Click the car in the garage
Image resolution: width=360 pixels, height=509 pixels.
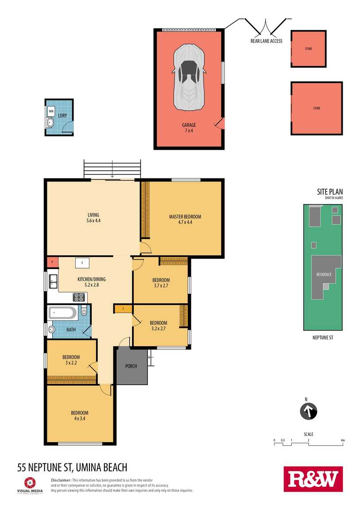pos(189,77)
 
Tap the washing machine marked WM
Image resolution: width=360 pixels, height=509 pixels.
pos(51,111)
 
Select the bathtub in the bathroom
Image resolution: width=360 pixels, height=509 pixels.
pos(62,313)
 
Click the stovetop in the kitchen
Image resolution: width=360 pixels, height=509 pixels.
pos(79,297)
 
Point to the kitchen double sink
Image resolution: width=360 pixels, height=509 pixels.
pos(53,281)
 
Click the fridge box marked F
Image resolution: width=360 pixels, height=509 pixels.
pos(82,262)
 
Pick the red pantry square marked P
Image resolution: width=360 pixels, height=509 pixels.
pos(52,262)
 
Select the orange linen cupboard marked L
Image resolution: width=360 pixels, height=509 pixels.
pos(123,308)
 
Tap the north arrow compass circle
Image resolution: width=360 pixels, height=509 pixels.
pos(308,411)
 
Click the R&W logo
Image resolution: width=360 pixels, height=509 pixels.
pos(313,479)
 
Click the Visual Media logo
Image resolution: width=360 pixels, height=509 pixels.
pos(30,485)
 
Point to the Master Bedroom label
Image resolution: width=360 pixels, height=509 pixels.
pos(185,216)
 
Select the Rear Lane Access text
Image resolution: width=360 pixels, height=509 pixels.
pos(266,41)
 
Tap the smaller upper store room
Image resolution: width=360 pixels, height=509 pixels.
pos(308,49)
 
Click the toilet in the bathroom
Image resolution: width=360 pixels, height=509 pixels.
pos(83,311)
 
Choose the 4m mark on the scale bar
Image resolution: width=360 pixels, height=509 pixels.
pos(342,440)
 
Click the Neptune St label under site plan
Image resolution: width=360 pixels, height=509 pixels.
pos(323,338)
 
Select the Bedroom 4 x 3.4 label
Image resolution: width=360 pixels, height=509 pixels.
pos(80,416)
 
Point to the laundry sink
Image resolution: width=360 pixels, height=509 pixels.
pos(50,122)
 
